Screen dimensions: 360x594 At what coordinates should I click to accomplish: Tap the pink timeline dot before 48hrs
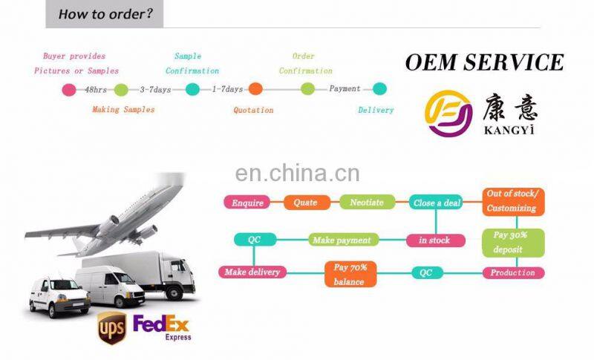[69, 90]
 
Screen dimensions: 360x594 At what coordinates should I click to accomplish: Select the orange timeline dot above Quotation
[255, 89]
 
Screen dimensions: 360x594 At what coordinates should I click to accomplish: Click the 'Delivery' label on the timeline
[376, 110]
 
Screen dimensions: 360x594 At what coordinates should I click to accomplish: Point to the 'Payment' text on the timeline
[345, 89]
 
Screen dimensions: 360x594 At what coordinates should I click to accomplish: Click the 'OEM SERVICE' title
[484, 62]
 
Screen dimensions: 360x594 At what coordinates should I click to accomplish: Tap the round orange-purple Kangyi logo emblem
[448, 114]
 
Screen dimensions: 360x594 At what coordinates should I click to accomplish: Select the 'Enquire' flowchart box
[248, 203]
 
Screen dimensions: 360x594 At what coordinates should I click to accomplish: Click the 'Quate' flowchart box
[305, 203]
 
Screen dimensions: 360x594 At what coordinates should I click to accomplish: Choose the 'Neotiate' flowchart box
[367, 203]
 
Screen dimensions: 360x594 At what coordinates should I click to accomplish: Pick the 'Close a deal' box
[436, 203]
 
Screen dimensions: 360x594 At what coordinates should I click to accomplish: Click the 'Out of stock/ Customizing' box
[513, 201]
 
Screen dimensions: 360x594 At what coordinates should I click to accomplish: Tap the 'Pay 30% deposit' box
[513, 243]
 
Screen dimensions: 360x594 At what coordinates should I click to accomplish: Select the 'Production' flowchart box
[513, 272]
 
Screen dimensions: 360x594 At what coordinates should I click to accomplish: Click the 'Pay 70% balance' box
[350, 273]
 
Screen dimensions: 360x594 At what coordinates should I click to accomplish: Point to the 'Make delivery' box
[252, 272]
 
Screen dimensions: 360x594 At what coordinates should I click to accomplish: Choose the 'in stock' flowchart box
[435, 240]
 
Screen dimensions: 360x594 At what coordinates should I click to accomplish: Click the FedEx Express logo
[162, 326]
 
